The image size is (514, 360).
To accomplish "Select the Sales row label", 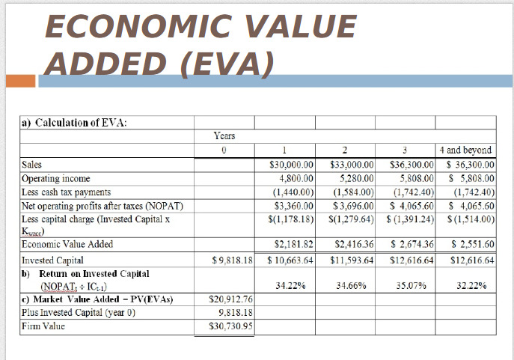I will (x=31, y=165).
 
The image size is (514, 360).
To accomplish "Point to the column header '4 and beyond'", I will (x=466, y=150).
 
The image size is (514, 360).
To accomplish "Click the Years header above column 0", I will (x=224, y=135).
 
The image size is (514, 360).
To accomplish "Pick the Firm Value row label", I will (x=43, y=326).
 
